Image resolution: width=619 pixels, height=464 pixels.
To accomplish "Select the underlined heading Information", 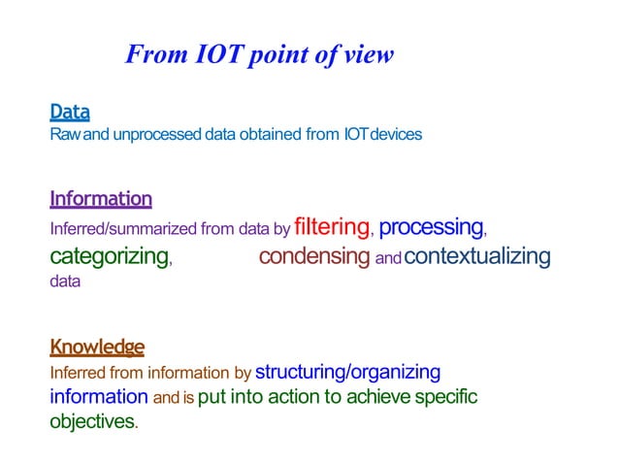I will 101,199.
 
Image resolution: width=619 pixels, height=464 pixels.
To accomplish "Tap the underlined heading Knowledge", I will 97,347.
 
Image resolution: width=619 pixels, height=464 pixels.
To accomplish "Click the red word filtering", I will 332,228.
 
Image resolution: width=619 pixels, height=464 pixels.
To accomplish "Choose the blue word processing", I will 431,228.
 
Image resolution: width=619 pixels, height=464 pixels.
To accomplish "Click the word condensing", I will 314,257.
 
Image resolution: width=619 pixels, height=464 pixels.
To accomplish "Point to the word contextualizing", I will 476,257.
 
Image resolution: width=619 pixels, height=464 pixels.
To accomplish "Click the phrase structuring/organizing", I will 347,372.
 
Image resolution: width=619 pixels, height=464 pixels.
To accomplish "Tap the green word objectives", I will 93,422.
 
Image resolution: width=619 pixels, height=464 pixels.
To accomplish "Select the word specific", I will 446,397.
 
